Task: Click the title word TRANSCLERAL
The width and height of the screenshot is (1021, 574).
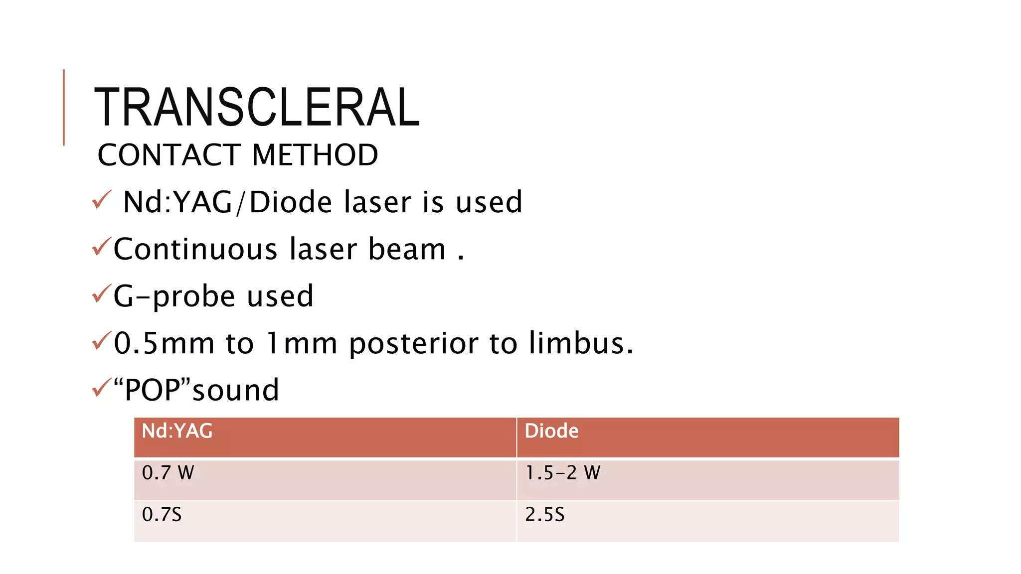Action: click(257, 107)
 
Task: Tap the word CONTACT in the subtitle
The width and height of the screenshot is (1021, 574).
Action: click(169, 155)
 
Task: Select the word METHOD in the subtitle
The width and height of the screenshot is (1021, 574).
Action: click(315, 155)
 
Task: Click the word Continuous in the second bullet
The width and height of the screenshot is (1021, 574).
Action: click(195, 249)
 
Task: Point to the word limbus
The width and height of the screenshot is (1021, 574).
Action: click(581, 343)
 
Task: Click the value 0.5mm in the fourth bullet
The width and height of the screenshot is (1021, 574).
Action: click(164, 343)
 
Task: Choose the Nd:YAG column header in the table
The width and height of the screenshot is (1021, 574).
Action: click(177, 431)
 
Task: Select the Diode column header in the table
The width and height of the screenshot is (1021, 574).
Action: click(551, 431)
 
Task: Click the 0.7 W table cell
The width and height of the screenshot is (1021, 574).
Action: click(168, 472)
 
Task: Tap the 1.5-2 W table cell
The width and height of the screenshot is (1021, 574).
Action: click(563, 472)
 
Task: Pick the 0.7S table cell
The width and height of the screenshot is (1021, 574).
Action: click(162, 514)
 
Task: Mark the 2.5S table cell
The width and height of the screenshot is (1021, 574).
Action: click(544, 514)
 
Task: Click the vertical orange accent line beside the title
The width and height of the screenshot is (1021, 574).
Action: click(64, 107)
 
